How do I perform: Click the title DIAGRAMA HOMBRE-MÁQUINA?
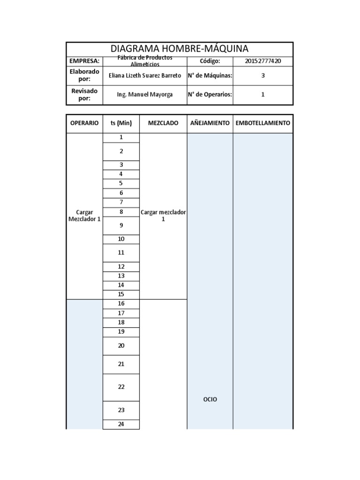point(179,49)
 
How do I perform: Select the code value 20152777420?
point(262,61)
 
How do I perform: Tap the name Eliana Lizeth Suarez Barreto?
point(144,75)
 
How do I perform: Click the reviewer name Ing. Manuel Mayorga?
point(144,94)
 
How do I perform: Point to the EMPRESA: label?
point(84,61)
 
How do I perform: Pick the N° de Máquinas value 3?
point(262,75)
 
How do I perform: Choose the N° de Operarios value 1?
point(262,94)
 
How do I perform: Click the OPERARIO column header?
point(84,123)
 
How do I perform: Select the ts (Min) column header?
point(121,123)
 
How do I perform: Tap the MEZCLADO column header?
point(163,123)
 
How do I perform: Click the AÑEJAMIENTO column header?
point(210,123)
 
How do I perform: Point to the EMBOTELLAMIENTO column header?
point(262,123)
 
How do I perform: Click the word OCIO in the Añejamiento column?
point(210,399)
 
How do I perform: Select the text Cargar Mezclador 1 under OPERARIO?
point(84,215)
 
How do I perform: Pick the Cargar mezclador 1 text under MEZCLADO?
point(163,215)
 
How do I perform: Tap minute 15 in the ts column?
point(121,294)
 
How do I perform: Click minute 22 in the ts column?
point(121,387)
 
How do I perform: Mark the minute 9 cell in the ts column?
point(121,225)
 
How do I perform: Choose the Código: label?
point(210,61)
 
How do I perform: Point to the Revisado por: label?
point(84,94)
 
